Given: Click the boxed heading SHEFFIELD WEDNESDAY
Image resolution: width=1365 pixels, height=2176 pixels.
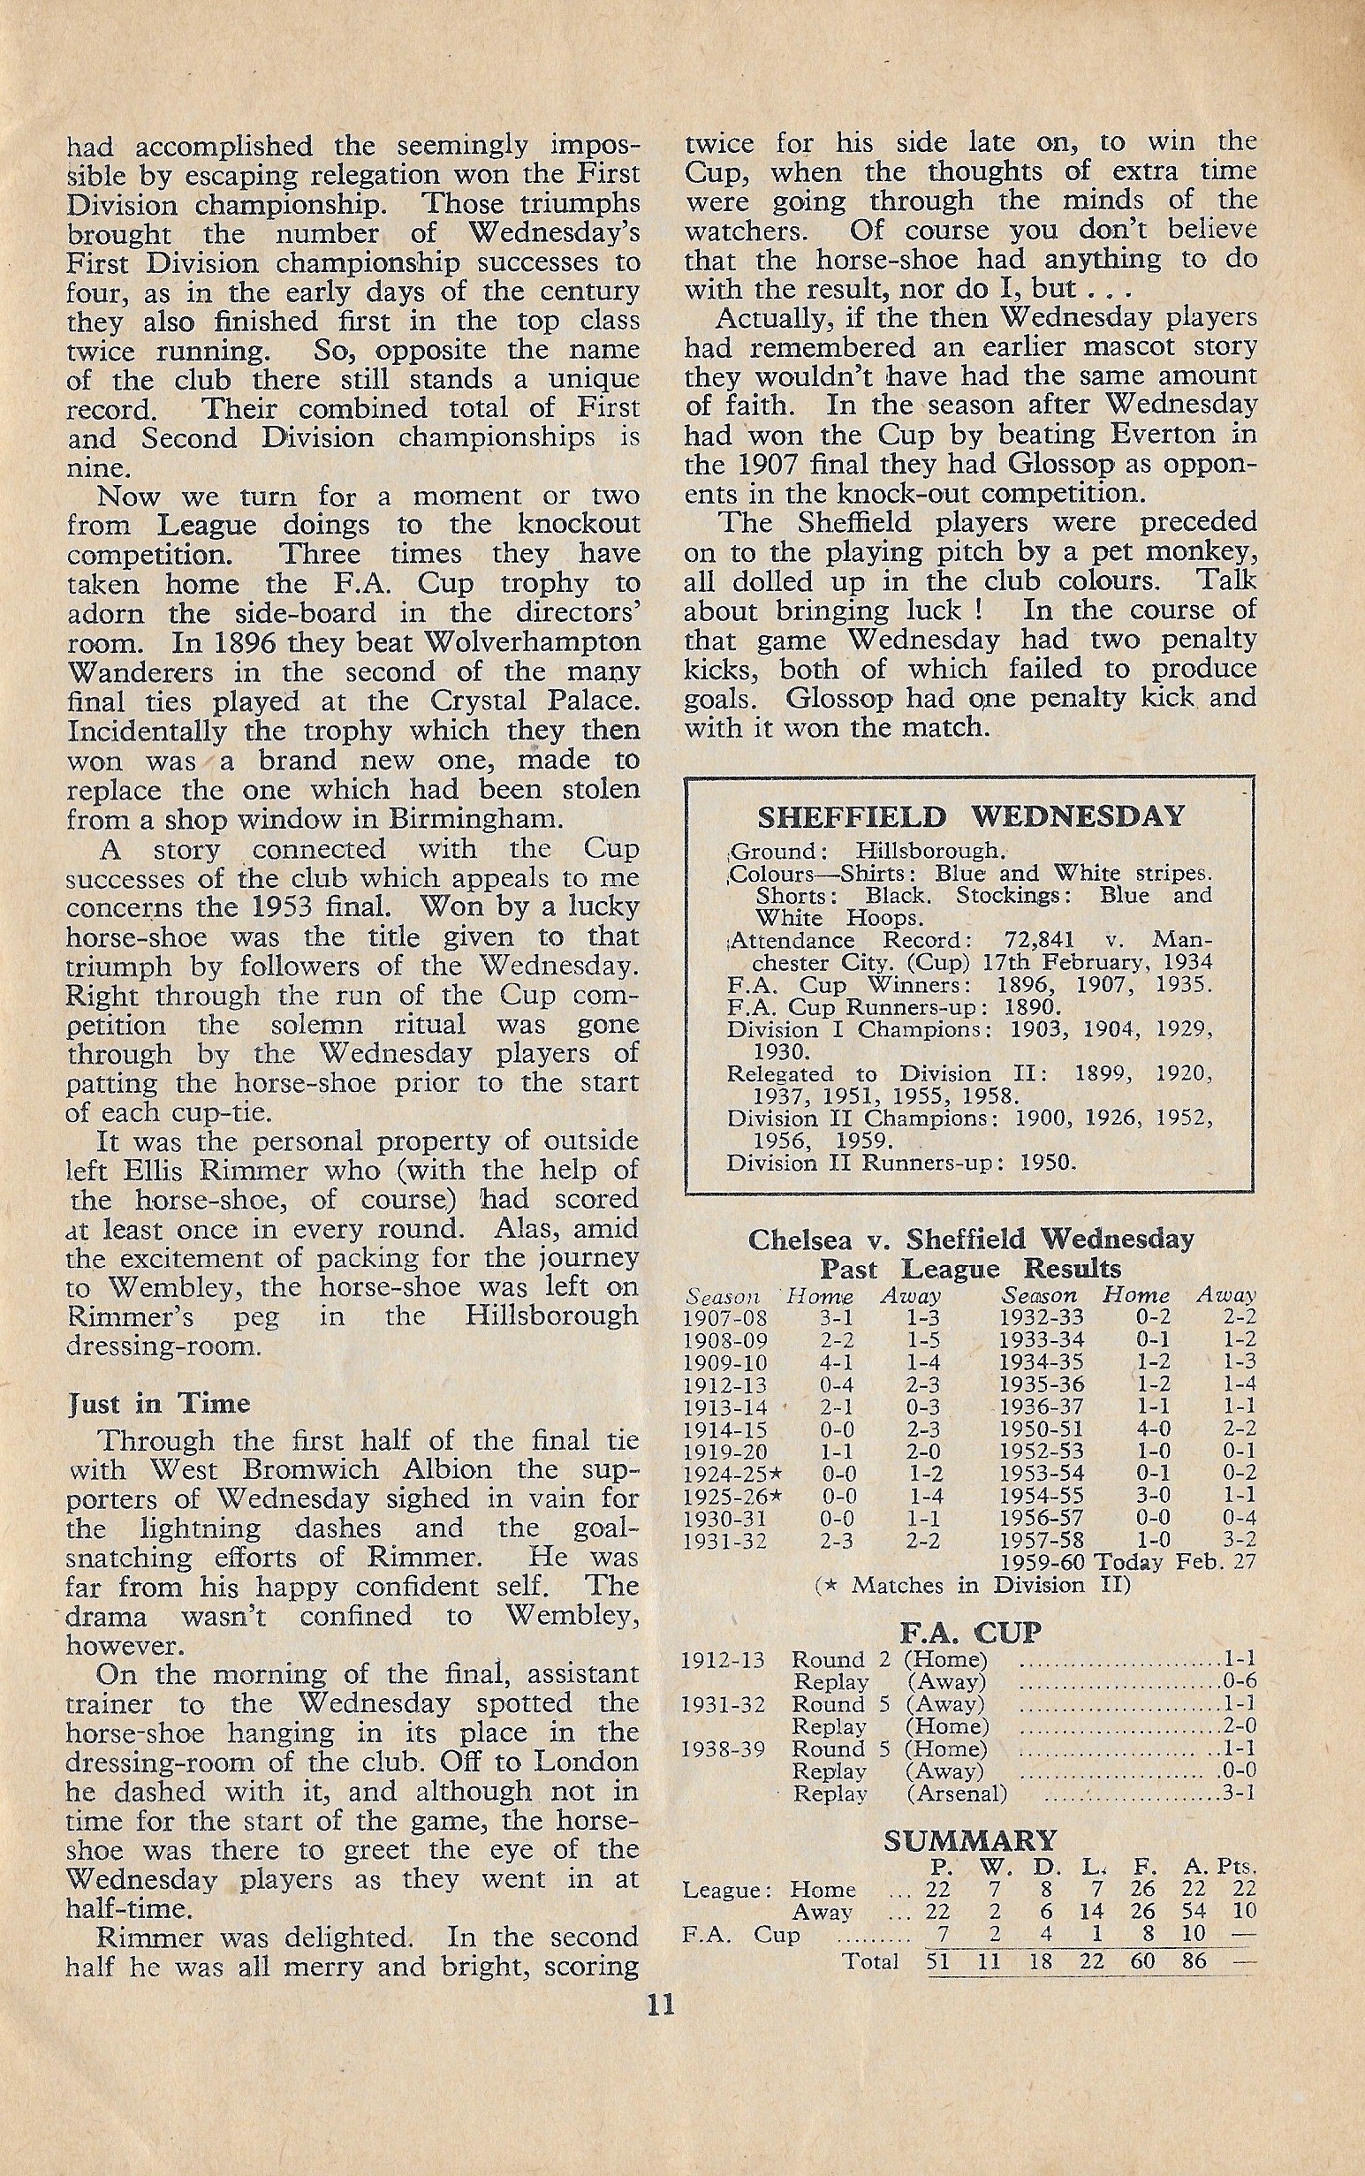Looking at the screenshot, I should coord(970,818).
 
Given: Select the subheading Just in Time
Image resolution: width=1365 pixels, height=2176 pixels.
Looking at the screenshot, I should coord(158,1404).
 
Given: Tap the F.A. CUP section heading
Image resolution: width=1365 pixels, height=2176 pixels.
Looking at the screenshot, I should coord(969,1633).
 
